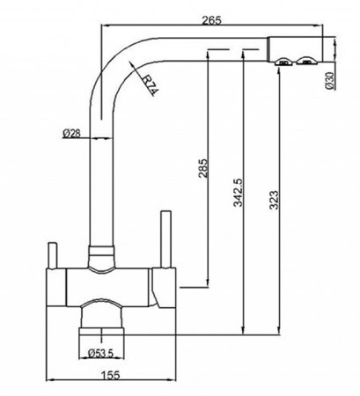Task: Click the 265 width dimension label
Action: [211, 20]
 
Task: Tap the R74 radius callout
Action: [151, 84]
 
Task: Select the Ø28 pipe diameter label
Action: [71, 133]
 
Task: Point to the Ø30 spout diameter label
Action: [330, 80]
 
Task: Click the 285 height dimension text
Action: [202, 168]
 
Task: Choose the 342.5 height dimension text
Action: [239, 192]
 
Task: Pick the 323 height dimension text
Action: [274, 200]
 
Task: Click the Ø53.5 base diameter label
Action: [100, 353]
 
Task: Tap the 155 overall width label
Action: [111, 375]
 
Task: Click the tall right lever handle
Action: [165, 239]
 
